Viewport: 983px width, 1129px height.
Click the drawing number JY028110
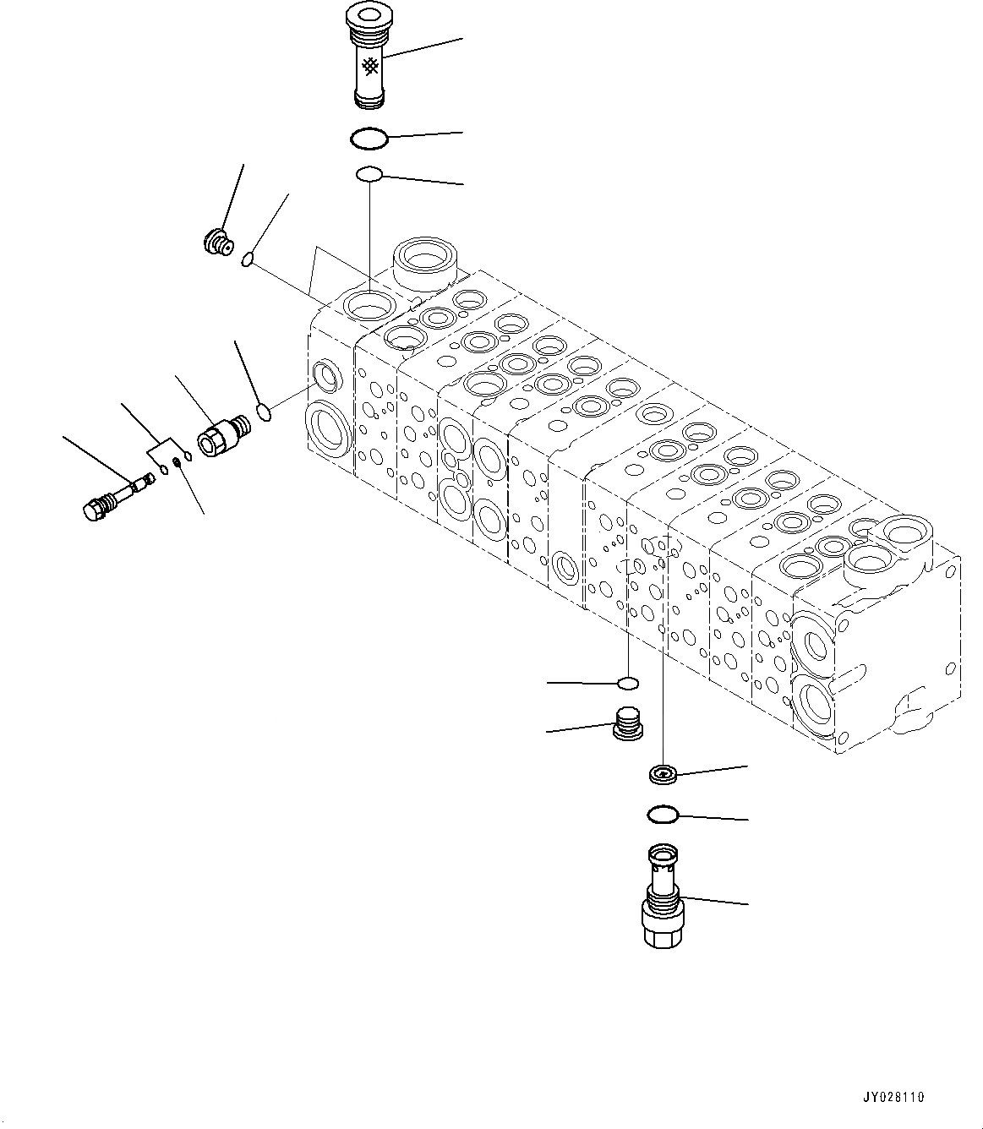[893, 1098]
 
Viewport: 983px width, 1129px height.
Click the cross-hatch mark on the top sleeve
[370, 67]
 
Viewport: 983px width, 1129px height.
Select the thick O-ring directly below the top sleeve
[369, 139]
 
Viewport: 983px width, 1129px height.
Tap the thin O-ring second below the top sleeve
[369, 174]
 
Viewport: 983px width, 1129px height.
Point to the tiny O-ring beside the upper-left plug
[248, 259]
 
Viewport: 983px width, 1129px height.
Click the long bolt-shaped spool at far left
[117, 495]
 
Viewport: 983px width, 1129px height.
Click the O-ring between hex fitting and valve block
[265, 412]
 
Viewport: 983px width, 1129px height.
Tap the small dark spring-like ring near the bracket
[176, 462]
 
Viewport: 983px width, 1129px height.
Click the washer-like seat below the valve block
[663, 773]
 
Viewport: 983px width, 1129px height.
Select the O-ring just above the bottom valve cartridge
[663, 815]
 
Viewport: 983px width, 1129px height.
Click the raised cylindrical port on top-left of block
[424, 263]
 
